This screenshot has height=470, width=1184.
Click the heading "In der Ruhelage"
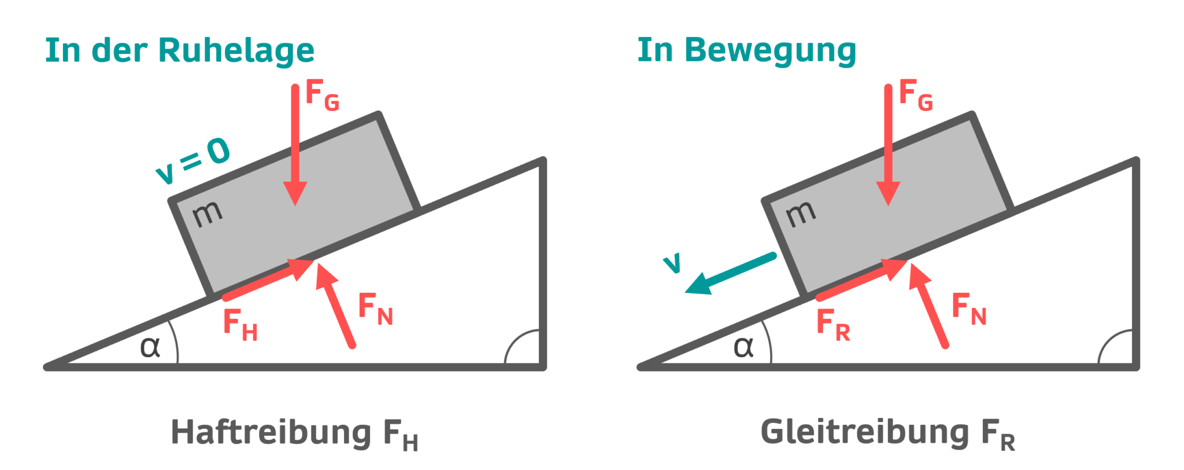pos(179,50)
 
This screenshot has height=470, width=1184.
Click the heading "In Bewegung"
pos(746,50)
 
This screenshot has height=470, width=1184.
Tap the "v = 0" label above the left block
pos(193,160)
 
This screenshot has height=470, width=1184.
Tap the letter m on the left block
pos(207,214)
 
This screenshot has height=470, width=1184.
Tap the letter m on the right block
pos(801,214)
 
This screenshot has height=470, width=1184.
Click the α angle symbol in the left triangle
pos(150,347)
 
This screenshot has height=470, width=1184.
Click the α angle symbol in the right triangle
pos(743,347)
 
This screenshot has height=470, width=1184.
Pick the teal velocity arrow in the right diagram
pos(730,273)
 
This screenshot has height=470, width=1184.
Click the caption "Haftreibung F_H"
pos(294,434)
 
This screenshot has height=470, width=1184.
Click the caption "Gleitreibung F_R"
pos(887,434)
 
